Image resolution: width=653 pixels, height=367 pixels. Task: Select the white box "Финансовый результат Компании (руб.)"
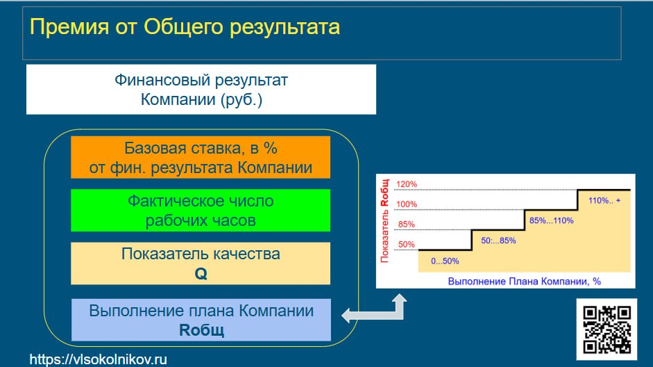(x=201, y=89)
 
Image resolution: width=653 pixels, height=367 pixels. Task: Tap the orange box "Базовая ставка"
(x=201, y=157)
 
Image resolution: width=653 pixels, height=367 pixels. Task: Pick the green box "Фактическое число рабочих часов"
(x=201, y=210)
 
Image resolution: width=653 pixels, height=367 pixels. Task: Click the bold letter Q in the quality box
(x=201, y=274)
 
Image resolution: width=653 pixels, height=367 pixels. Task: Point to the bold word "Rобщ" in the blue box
(x=201, y=330)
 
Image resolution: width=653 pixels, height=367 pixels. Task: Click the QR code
(x=607, y=329)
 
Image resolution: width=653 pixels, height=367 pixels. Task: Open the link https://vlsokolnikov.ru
(x=99, y=359)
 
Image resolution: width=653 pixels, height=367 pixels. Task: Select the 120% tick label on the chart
(x=407, y=184)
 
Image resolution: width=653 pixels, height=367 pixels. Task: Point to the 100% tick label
(x=407, y=204)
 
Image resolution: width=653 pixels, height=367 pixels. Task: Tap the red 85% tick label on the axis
(x=407, y=225)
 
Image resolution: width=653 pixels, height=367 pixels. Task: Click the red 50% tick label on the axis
(x=407, y=245)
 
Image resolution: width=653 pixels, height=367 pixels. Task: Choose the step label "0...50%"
(x=445, y=261)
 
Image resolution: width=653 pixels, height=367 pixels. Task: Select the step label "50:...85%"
(x=498, y=240)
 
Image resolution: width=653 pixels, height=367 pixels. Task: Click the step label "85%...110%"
(x=552, y=220)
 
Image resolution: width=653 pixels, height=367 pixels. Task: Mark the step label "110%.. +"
(x=604, y=201)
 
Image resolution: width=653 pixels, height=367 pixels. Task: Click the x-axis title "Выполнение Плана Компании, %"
(x=525, y=282)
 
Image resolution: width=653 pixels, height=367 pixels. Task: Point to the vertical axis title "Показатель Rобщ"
(x=384, y=221)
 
